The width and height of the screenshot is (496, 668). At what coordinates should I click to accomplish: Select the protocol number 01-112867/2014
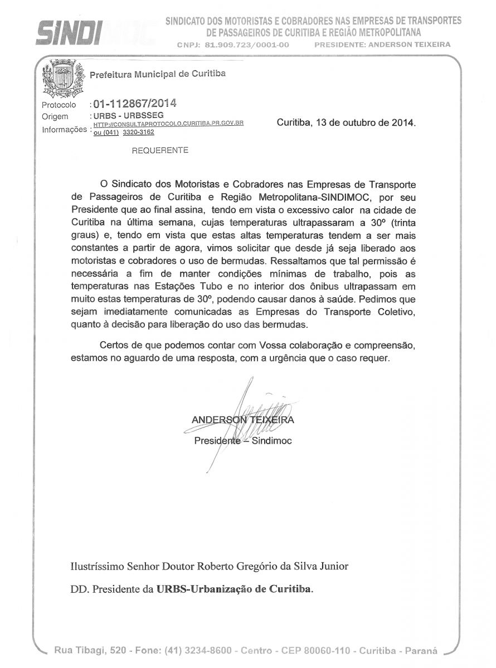135,104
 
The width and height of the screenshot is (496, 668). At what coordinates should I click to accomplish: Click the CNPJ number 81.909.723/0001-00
247,45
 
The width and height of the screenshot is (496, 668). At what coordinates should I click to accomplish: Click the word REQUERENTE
159,150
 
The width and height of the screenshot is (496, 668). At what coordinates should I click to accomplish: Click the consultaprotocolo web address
168,124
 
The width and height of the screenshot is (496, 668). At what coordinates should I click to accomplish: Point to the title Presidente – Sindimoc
242,441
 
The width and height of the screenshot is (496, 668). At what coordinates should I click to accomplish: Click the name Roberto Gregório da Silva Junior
273,567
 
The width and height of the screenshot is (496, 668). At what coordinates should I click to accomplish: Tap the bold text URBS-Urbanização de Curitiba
235,588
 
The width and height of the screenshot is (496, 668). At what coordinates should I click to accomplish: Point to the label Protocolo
59,105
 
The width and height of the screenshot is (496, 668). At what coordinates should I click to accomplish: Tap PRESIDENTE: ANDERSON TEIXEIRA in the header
382,45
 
